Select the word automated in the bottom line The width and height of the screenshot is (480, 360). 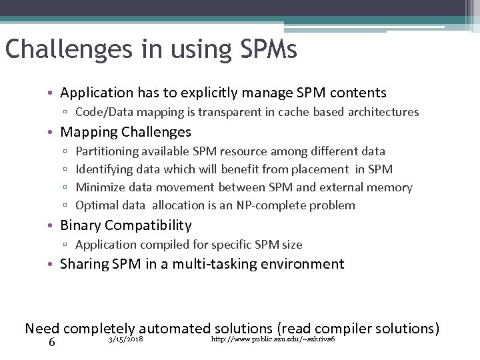point(174,328)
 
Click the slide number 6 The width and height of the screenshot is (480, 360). point(51,342)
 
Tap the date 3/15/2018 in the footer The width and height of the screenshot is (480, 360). point(125,340)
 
